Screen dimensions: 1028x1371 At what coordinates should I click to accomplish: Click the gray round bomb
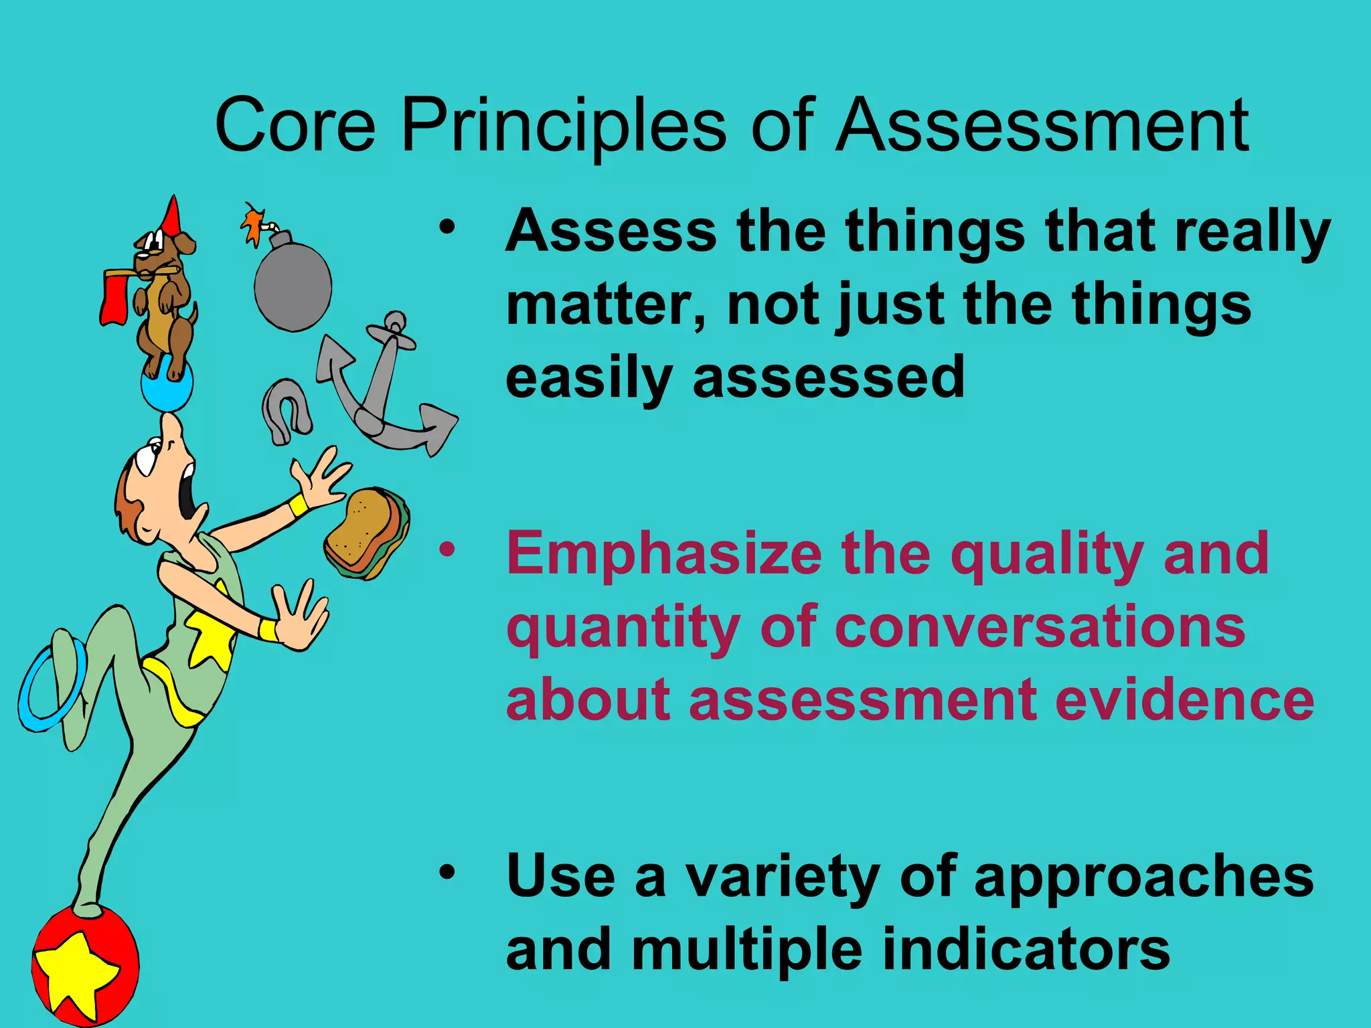293,286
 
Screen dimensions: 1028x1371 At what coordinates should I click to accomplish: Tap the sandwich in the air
367,533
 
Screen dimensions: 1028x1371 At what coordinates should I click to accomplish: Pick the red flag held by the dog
114,298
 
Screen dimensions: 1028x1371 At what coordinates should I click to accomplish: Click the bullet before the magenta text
447,550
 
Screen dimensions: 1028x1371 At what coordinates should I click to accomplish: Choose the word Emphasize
663,554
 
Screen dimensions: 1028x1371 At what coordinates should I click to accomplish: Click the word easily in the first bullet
588,379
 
